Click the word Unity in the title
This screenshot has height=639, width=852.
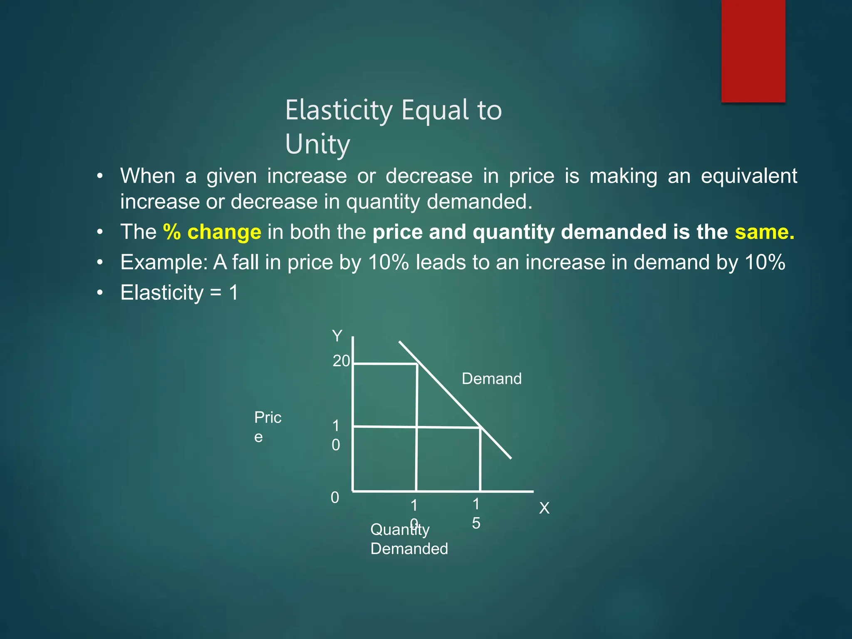317,144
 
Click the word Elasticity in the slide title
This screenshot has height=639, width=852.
339,110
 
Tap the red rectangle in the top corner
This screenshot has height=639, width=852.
753,51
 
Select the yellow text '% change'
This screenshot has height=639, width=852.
212,232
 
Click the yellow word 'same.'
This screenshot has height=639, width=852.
764,232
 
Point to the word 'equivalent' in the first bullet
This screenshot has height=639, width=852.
749,176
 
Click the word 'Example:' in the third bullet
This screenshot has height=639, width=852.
164,263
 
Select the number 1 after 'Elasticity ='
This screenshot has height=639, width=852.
234,292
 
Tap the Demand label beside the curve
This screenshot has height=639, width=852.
491,379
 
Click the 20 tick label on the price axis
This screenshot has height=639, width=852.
341,361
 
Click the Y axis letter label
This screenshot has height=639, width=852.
337,336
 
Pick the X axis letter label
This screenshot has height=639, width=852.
544,508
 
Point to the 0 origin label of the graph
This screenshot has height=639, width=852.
335,498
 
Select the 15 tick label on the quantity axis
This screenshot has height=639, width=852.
476,514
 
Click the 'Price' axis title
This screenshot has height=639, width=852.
267,427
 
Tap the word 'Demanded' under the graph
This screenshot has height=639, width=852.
409,549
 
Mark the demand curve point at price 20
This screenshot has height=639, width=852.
418,364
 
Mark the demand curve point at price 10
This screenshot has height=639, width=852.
480,427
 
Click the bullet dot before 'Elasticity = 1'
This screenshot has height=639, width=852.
99,293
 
